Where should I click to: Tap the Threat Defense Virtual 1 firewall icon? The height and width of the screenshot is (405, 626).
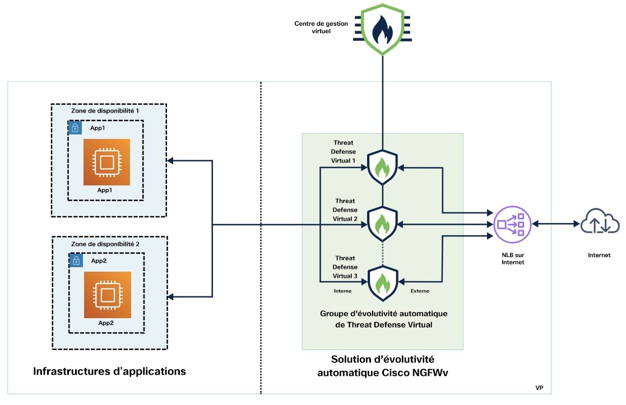(x=382, y=166)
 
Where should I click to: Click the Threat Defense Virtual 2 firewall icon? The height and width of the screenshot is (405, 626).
(x=382, y=224)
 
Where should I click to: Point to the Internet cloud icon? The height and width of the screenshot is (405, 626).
(x=600, y=223)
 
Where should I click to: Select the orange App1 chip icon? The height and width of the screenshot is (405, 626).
(x=106, y=162)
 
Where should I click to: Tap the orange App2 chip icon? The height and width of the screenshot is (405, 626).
(x=106, y=295)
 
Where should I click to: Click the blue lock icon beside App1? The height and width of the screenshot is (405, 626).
(x=75, y=127)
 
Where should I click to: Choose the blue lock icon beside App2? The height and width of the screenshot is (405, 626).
(x=75, y=260)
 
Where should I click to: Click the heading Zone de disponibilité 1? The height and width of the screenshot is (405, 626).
(x=105, y=111)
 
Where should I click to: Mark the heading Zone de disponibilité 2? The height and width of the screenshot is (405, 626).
(x=105, y=244)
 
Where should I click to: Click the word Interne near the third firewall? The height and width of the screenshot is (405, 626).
(x=343, y=291)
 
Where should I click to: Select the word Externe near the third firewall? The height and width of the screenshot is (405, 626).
(x=420, y=291)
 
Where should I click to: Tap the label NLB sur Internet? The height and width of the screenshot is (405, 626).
(x=513, y=258)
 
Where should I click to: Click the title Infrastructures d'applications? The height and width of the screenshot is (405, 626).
(x=110, y=371)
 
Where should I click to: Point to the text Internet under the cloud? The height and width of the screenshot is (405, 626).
(x=599, y=255)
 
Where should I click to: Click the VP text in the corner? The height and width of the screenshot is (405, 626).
(x=539, y=388)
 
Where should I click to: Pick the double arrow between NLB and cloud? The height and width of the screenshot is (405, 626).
(x=555, y=224)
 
